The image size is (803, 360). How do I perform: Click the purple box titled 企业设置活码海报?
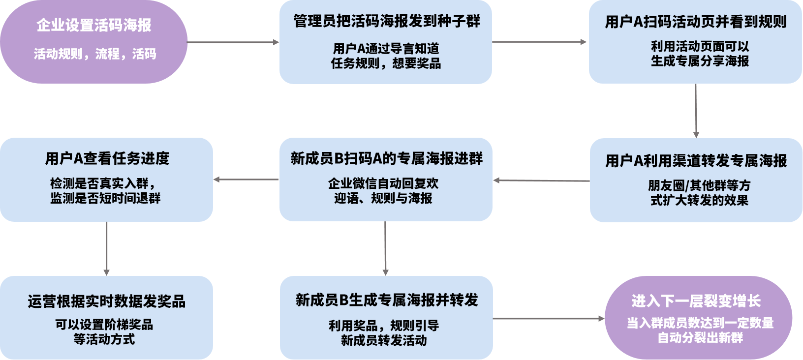93,41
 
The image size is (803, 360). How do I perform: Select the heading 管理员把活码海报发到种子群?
386,22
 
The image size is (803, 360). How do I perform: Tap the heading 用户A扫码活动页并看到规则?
695,22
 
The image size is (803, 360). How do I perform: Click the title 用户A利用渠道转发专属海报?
696,161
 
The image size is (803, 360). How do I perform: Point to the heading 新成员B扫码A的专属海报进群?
386,159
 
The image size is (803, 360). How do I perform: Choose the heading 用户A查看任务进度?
107,159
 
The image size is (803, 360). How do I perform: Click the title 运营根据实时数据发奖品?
106,301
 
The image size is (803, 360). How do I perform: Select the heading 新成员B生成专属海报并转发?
386,300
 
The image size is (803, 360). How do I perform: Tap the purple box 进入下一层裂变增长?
698,318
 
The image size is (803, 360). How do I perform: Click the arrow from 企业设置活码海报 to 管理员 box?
233,42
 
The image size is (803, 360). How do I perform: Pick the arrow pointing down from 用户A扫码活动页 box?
696,111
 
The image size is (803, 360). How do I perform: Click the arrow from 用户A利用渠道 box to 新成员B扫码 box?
541,180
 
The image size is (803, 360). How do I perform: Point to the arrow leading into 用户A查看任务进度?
246,180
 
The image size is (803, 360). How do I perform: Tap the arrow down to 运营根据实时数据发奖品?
106,248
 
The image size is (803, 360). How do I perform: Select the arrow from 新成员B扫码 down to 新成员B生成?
385,248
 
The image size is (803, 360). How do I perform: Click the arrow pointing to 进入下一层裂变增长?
548,319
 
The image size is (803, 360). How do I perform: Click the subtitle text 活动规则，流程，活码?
95,54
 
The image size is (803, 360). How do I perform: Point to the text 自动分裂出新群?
700,338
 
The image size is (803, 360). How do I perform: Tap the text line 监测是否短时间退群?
105,198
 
